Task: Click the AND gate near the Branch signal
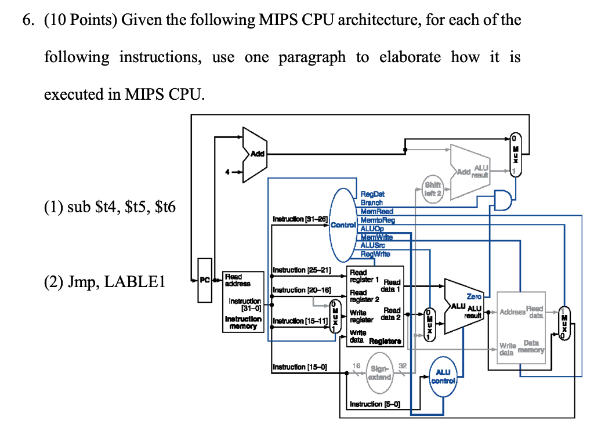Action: pos(503,200)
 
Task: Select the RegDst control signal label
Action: pos(372,195)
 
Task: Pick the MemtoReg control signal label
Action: pos(378,221)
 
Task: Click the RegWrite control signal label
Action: pos(375,254)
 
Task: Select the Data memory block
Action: pos(521,328)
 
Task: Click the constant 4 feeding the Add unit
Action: pos(229,171)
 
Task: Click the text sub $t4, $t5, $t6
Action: pos(109,207)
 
